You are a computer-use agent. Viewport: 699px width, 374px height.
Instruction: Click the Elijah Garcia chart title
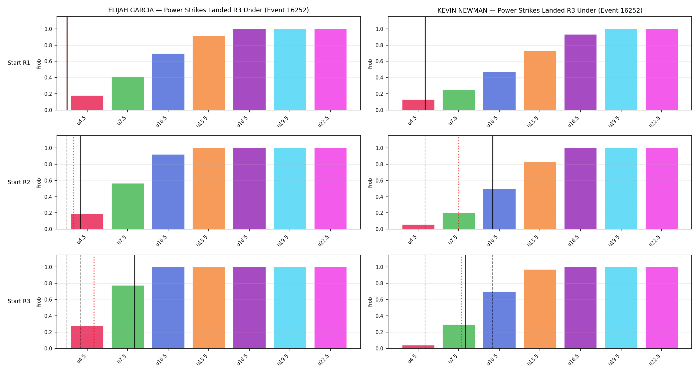pyautogui.click(x=208, y=10)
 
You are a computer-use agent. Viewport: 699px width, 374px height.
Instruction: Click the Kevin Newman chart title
pyautogui.click(x=540, y=10)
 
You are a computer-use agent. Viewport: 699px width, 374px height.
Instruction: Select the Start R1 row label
pyautogui.click(x=19, y=63)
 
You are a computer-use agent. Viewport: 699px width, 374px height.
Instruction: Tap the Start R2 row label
pyautogui.click(x=19, y=182)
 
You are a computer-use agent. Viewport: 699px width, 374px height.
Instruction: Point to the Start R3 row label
pyautogui.click(x=19, y=301)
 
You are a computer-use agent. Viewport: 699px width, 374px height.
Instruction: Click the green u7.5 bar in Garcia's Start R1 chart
pyautogui.click(x=128, y=93)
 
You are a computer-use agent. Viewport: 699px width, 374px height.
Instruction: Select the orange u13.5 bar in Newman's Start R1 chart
pyautogui.click(x=540, y=80)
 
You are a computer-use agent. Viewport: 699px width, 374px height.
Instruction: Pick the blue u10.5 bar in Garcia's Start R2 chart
pyautogui.click(x=168, y=192)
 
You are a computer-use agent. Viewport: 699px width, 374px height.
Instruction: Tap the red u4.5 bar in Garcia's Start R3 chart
pyautogui.click(x=87, y=337)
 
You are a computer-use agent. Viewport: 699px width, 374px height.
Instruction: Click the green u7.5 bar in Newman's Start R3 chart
pyautogui.click(x=459, y=336)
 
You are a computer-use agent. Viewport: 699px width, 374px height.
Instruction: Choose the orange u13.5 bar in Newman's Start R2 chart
pyautogui.click(x=540, y=195)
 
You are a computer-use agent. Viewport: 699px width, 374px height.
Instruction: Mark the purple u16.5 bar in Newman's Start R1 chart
pyautogui.click(x=581, y=72)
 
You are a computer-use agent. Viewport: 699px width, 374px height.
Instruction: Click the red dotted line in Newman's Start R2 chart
pyautogui.click(x=459, y=183)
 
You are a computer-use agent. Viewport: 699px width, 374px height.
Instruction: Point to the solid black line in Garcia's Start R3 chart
pyautogui.click(x=134, y=302)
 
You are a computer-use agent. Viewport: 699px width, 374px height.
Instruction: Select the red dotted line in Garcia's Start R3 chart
pyautogui.click(x=94, y=302)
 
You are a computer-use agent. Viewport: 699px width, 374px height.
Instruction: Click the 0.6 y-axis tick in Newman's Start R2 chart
pyautogui.click(x=379, y=181)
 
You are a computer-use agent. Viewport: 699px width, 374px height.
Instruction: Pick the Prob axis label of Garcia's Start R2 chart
pyautogui.click(x=39, y=183)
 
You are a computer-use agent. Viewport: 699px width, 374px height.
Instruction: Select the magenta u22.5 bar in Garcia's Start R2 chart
pyautogui.click(x=331, y=188)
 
